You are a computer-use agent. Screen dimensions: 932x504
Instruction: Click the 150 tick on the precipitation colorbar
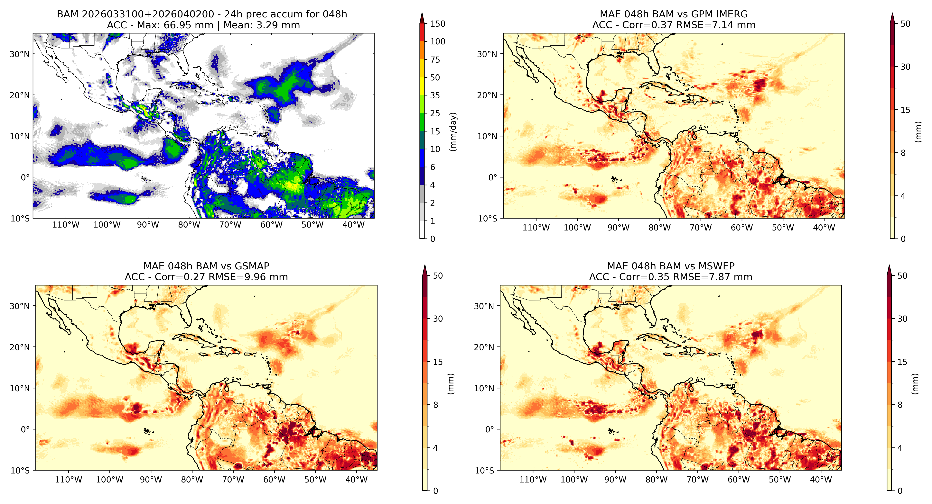pos(437,24)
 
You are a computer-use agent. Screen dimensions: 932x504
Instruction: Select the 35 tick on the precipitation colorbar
pos(435,95)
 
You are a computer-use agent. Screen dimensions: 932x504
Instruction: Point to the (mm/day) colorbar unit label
pos(453,132)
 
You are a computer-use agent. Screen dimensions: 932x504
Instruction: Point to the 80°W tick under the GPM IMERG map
pos(659,228)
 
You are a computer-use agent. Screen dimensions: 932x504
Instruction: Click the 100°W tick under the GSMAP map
pos(110,480)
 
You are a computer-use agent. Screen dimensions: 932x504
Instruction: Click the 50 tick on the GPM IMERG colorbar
pos(905,24)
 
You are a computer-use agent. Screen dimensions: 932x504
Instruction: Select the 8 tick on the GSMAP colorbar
pos(436,405)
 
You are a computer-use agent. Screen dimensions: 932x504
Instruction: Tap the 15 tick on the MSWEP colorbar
pos(902,362)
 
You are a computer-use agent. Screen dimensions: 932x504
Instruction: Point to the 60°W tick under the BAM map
pos(271,225)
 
